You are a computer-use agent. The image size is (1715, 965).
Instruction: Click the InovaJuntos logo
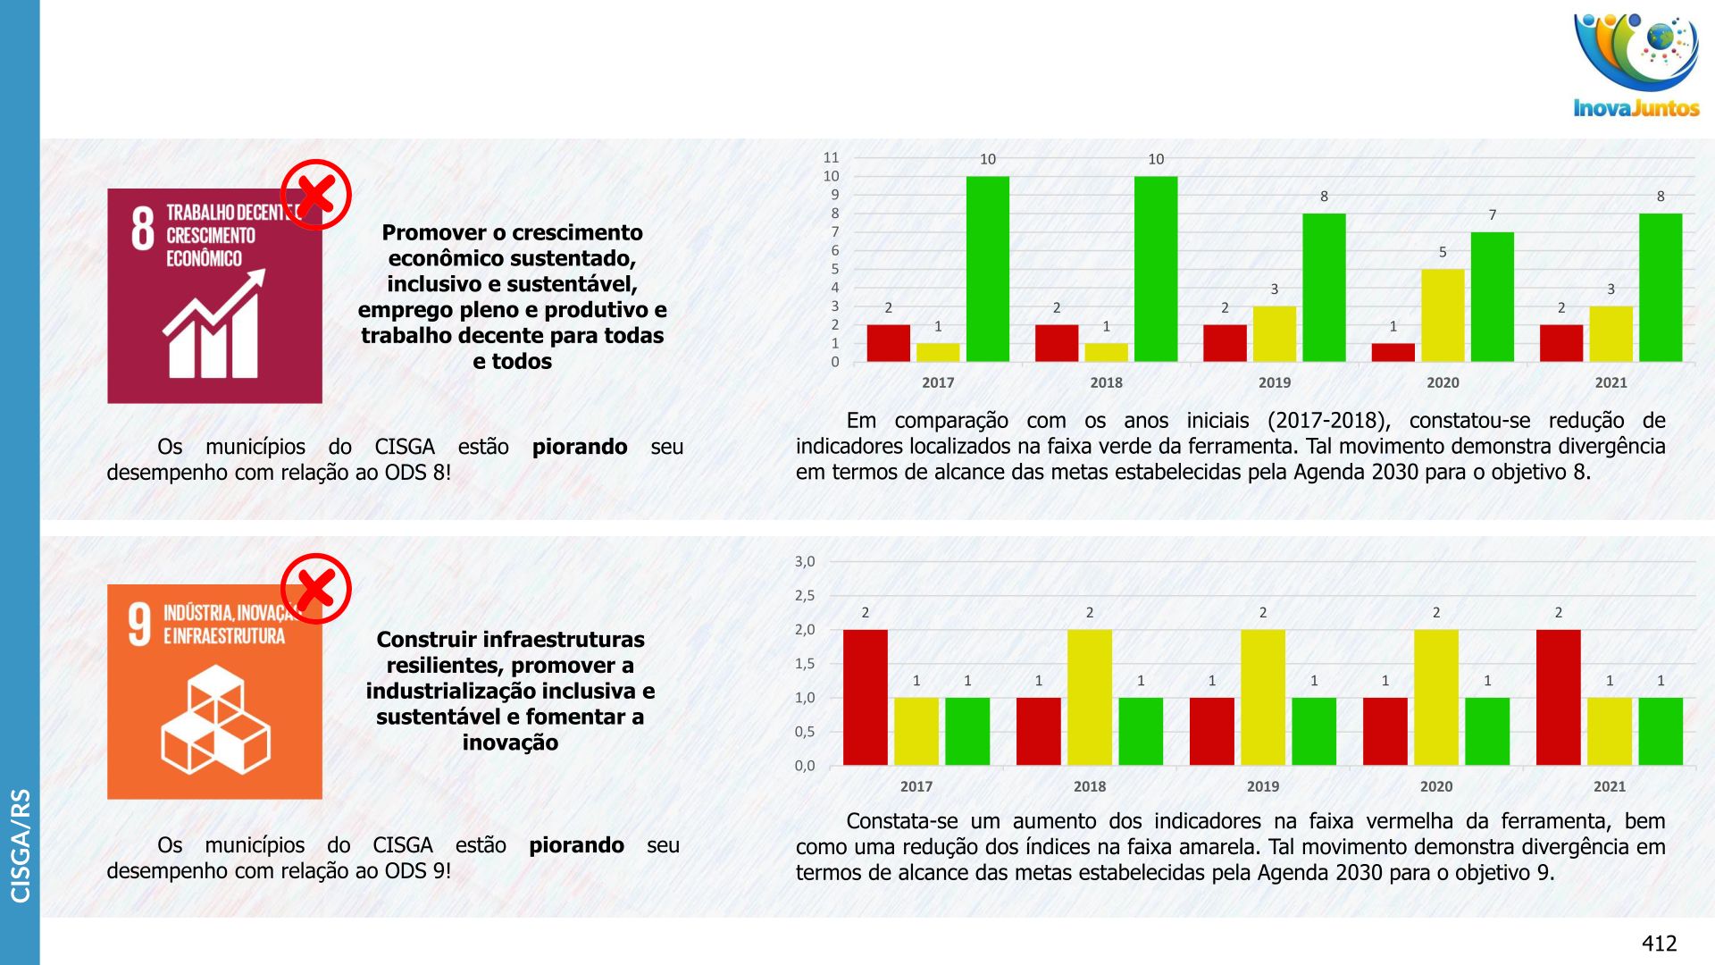pos(1636,64)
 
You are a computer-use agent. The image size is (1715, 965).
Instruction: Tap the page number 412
pos(1659,943)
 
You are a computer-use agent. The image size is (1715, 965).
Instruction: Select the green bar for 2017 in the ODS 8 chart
pos(987,269)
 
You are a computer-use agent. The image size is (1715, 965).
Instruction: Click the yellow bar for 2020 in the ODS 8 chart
pos(1442,315)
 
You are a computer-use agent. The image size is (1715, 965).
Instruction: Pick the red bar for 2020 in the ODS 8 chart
pos(1393,352)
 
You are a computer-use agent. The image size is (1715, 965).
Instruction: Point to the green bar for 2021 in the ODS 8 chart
pos(1660,288)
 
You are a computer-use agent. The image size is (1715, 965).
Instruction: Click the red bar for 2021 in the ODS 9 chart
pos(1558,697)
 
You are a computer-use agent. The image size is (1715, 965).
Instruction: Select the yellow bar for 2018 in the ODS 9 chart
pos(1089,697)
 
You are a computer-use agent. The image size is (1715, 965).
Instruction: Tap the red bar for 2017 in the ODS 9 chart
pos(865,697)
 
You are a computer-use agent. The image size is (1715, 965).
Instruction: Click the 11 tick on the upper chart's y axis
pos(831,158)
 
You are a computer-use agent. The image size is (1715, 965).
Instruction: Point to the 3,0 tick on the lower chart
pos(805,562)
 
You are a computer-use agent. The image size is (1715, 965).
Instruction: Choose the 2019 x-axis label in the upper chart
pos(1274,382)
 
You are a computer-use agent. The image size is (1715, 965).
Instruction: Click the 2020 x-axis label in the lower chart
pos(1435,786)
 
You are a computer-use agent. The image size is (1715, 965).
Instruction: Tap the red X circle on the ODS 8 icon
pos(315,195)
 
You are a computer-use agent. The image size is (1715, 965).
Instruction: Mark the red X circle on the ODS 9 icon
pos(315,589)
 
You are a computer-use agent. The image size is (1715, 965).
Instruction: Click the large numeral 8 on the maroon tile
pos(143,229)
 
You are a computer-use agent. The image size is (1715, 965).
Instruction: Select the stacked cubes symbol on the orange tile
pos(215,719)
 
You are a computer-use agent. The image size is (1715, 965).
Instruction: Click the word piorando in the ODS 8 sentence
pos(579,447)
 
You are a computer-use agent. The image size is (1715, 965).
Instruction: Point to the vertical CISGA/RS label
pos(20,844)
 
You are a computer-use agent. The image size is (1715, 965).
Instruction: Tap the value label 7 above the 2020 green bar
pos(1492,215)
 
